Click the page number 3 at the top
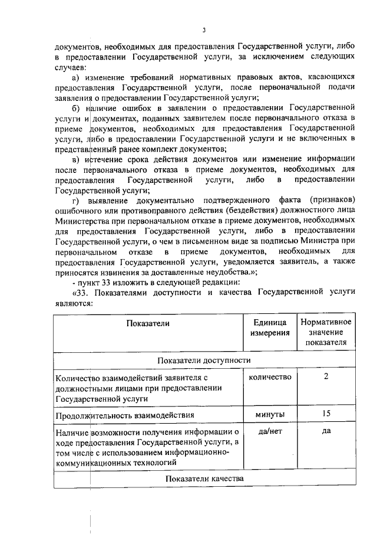[x=203, y=30]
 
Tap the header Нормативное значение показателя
[x=326, y=332]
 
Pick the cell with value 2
[x=326, y=377]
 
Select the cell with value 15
[x=326, y=414]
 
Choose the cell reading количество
[x=270, y=377]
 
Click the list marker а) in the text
[x=76, y=78]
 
